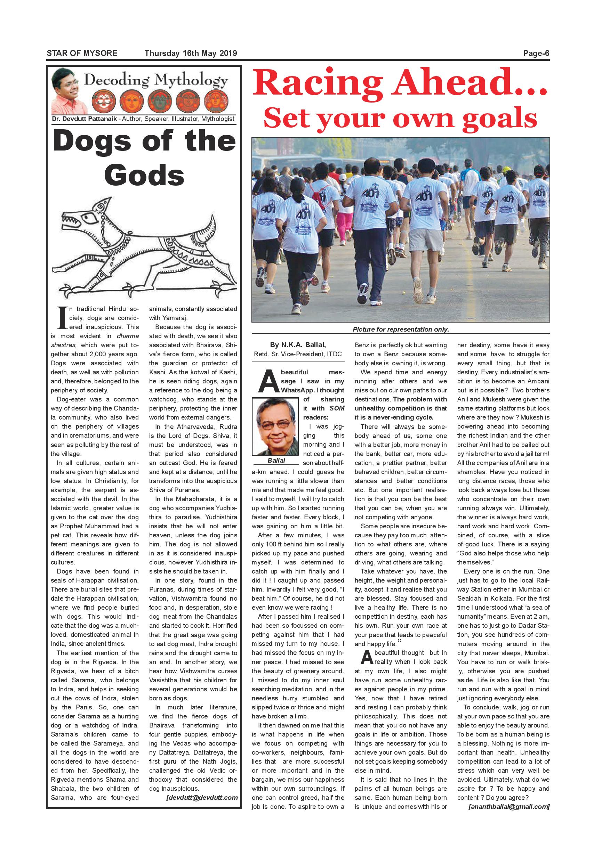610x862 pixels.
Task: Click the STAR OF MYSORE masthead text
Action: click(82, 53)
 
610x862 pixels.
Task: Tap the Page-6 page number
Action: click(536, 53)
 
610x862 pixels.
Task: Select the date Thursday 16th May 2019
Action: click(191, 53)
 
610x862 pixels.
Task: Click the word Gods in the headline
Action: click(144, 175)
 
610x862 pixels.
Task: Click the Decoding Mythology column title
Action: click(155, 80)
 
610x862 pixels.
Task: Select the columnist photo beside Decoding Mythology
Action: click(66, 91)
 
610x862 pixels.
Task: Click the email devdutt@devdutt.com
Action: click(202, 797)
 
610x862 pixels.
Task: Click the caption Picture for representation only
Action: click(400, 329)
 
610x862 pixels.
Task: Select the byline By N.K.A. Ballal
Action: click(297, 345)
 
